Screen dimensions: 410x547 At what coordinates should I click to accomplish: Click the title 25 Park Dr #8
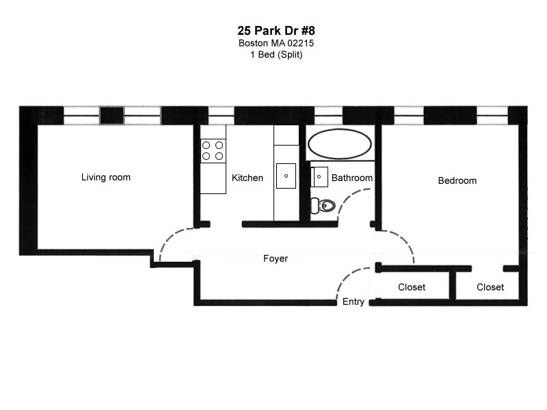point(276,31)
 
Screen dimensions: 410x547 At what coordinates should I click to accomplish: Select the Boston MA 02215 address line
point(276,43)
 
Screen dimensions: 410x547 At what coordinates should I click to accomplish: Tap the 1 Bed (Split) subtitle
point(276,55)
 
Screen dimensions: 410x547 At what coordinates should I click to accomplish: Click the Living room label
point(106,178)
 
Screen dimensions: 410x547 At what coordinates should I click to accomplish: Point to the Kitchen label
point(248,178)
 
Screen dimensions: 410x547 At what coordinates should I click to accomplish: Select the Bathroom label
point(352,178)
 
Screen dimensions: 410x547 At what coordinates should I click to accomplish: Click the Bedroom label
point(457,181)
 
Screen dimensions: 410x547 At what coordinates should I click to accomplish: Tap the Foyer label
point(276,259)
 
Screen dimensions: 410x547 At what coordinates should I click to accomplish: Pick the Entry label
point(353,302)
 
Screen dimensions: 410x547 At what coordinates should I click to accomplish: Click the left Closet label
point(412,288)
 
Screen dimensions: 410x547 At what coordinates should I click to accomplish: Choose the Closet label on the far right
point(490,288)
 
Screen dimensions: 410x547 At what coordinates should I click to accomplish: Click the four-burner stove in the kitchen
point(213,150)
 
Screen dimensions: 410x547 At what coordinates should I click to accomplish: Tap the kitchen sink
point(286,176)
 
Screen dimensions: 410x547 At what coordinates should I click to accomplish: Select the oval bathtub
point(340,143)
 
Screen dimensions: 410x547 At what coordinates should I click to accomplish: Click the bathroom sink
point(319,176)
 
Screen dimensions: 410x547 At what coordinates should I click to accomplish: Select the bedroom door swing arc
point(404,243)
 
